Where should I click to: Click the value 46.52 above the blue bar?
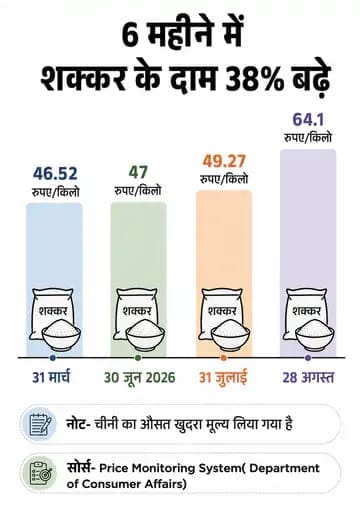tap(55, 174)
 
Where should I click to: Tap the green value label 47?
tap(138, 172)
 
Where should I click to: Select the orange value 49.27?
tap(224, 161)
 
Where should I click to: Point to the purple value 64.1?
tap(308, 120)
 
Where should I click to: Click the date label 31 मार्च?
tap(51, 378)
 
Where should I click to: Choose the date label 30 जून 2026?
tap(139, 378)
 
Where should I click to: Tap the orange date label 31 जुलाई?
tap(223, 378)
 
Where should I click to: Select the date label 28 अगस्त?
tap(308, 378)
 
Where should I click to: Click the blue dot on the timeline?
tap(52, 358)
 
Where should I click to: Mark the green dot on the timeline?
tap(138, 358)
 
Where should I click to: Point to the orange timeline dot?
tap(224, 358)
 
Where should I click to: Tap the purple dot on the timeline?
tap(308, 358)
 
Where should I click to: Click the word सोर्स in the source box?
tap(80, 467)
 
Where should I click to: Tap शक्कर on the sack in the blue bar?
tap(53, 311)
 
